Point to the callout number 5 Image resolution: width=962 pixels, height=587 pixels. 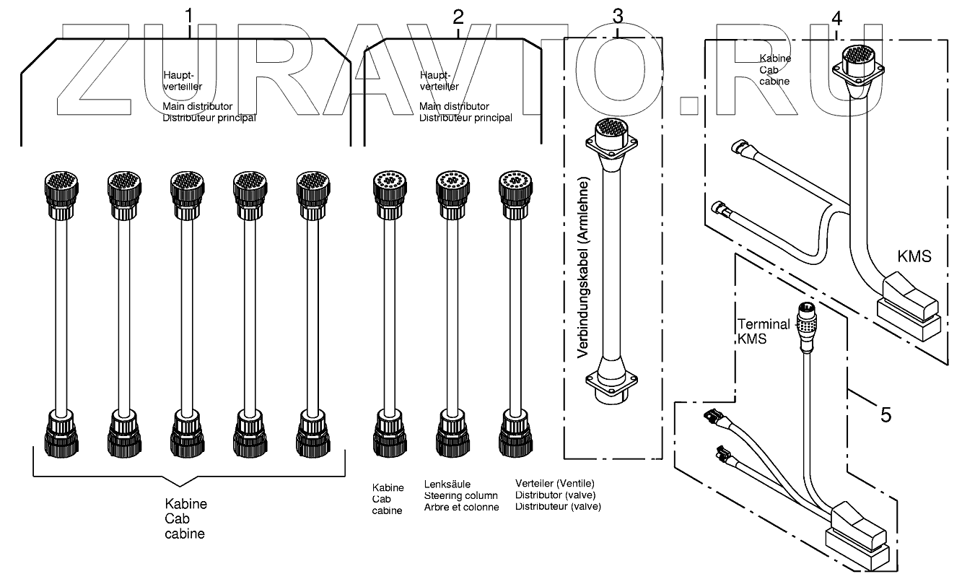pos(886,414)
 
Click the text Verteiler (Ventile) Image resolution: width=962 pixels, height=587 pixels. pos(554,484)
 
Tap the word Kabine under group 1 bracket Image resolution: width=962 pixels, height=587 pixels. pos(186,504)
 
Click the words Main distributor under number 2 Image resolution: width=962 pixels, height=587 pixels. pos(454,107)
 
